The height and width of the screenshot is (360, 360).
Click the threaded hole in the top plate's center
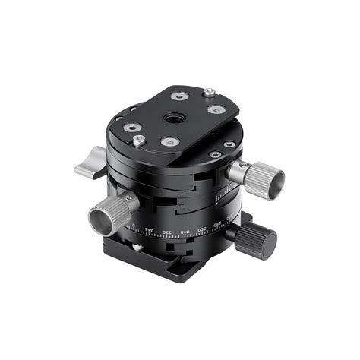(x=168, y=119)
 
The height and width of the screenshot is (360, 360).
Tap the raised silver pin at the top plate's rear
(x=208, y=93)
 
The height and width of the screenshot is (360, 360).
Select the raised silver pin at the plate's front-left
(x=138, y=141)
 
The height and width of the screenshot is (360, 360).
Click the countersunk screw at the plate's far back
(x=178, y=96)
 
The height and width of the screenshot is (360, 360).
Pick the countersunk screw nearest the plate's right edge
(x=215, y=109)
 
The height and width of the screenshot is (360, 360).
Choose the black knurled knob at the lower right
(x=254, y=241)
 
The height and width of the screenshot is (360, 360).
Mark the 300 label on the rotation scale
(x=201, y=230)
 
